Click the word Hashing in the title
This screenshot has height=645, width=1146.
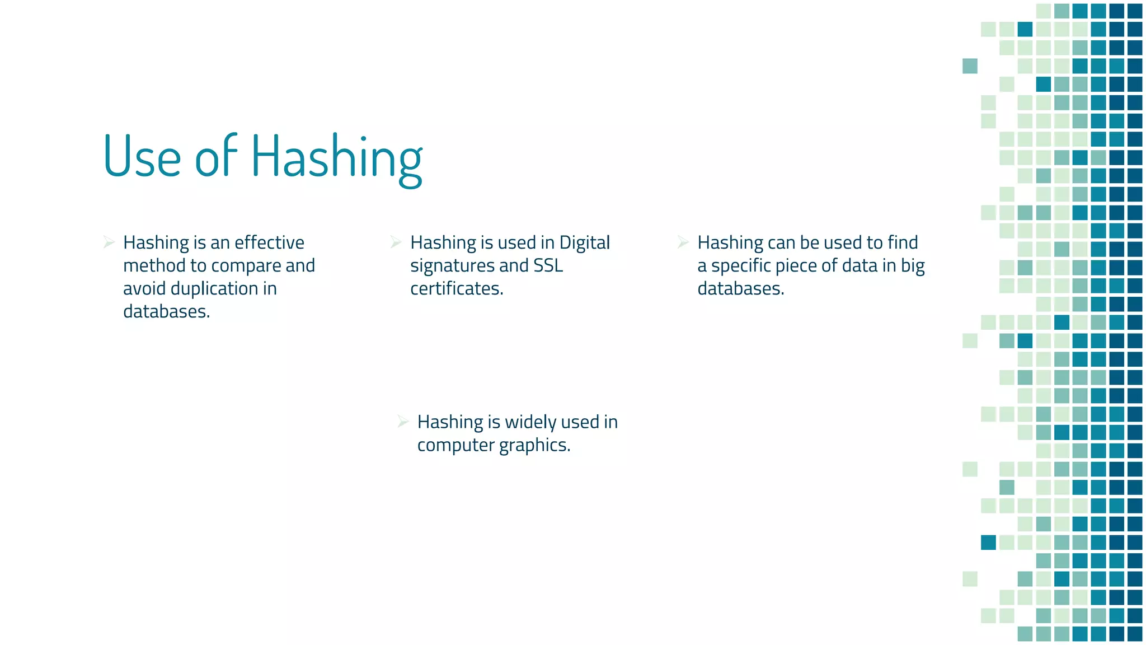[x=336, y=157]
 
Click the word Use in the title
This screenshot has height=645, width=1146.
[x=142, y=157]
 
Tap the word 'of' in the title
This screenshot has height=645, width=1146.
[x=215, y=157]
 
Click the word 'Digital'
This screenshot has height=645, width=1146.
[x=584, y=242]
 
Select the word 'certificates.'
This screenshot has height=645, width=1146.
[x=457, y=288]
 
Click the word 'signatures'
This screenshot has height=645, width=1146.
[x=452, y=266]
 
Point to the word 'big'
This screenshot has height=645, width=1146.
[x=913, y=266]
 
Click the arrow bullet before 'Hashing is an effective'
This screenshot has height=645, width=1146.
[x=109, y=242]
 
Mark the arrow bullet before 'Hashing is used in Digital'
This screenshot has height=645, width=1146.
[x=396, y=242]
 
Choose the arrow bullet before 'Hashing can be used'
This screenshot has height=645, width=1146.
[x=683, y=242]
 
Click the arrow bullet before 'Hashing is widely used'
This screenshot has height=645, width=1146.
[x=403, y=422]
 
